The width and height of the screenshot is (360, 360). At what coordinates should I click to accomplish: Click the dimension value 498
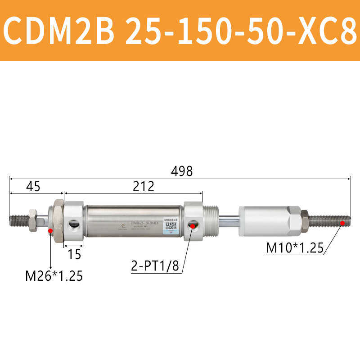tap(182, 171)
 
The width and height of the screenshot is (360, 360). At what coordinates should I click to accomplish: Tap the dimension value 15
tap(75, 255)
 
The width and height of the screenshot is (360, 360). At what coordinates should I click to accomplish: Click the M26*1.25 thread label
tap(54, 275)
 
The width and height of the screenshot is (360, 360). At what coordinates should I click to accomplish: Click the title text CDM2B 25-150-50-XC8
tap(180, 31)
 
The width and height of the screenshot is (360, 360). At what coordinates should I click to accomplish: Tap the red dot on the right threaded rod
tap(343, 222)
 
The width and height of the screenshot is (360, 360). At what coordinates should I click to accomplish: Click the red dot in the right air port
tap(193, 225)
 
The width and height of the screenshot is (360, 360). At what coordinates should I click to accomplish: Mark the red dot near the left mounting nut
tap(50, 231)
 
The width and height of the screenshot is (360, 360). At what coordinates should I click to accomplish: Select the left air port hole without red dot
tap(73, 224)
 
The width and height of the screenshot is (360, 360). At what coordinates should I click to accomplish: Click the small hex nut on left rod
tap(33, 220)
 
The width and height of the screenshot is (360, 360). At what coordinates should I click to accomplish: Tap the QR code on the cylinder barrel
tap(170, 225)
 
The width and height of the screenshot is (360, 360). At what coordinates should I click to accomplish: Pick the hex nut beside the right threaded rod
tap(304, 220)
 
